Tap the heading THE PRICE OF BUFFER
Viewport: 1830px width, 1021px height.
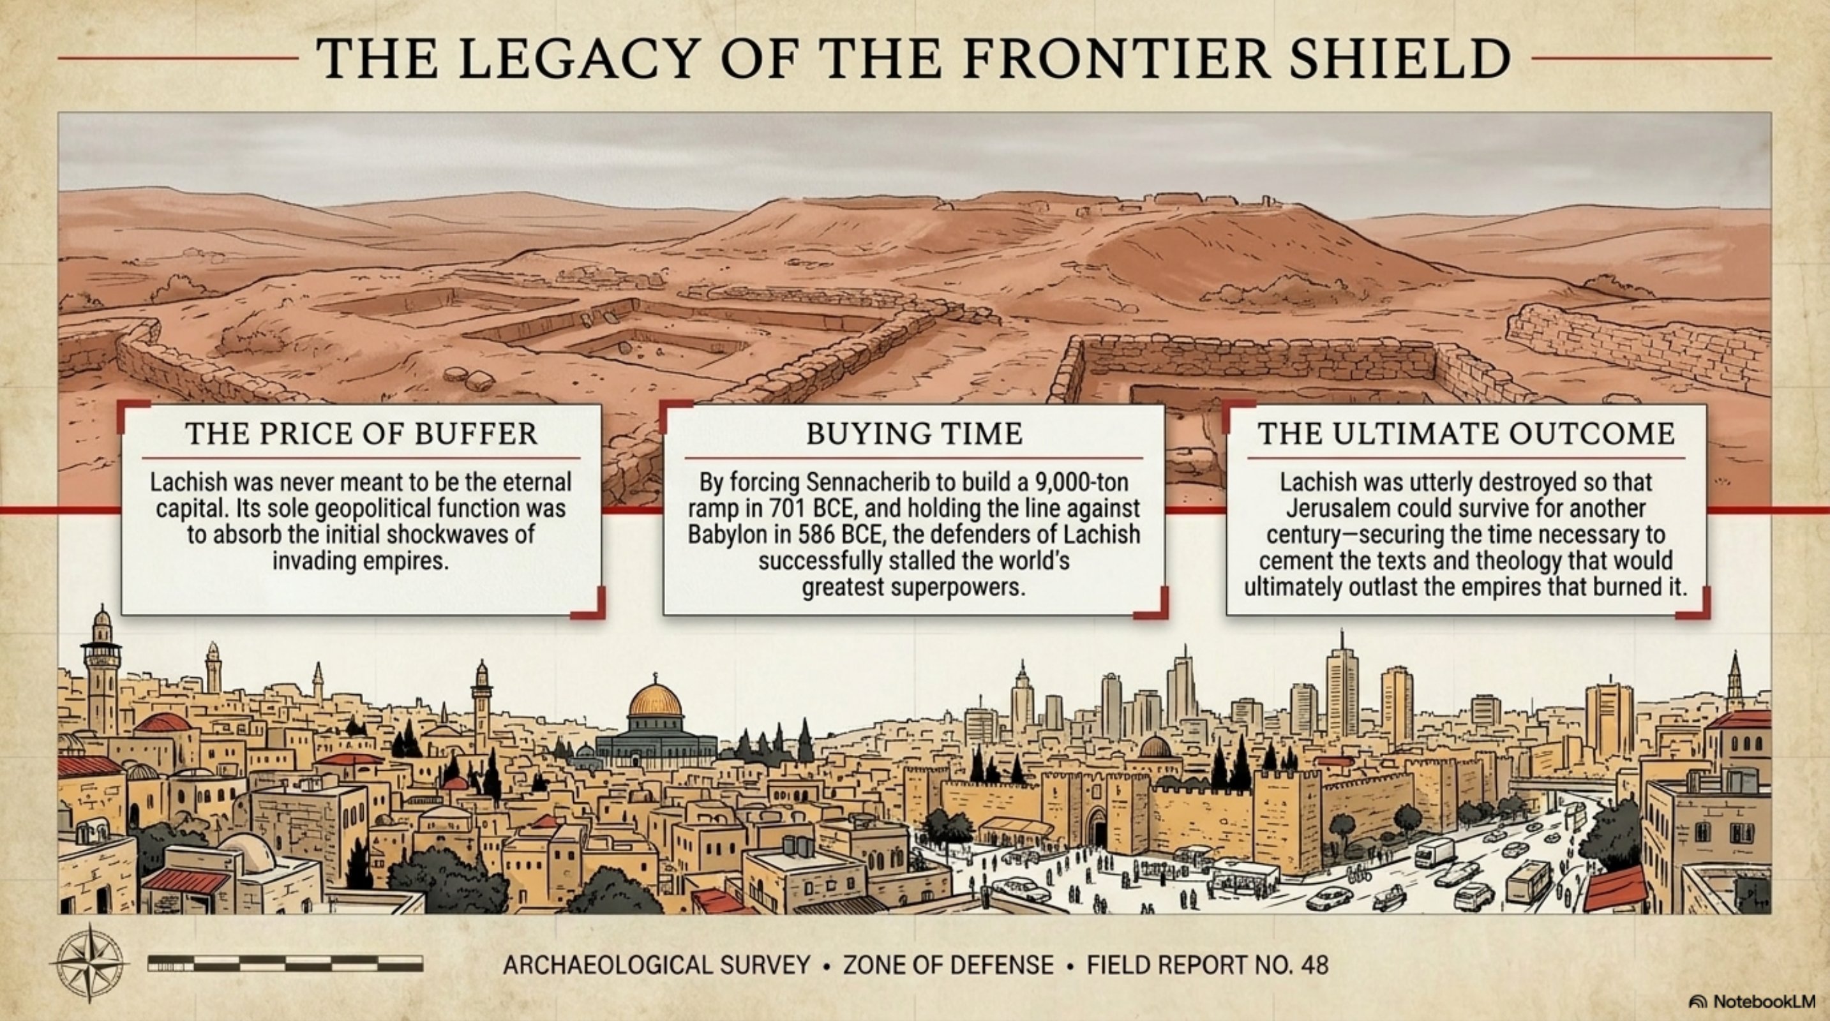(361, 434)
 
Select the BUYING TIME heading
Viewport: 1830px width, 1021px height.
(914, 434)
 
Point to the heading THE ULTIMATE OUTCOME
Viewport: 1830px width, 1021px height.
(1466, 434)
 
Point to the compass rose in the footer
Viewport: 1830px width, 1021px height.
(90, 964)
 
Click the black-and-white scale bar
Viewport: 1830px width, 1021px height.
(285, 964)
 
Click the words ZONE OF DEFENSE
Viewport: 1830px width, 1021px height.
(949, 965)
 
